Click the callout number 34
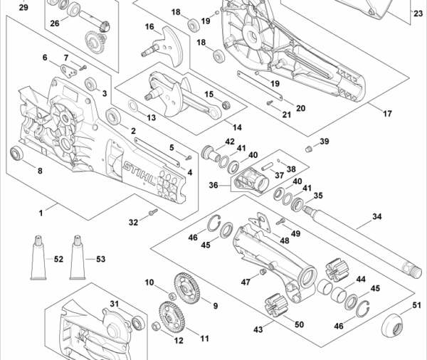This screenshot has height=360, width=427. pos(376,216)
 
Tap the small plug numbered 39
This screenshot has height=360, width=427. pos(308,148)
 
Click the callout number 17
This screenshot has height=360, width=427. pos(388,114)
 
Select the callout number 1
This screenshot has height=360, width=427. pos(41,212)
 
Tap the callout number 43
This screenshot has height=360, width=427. pos(258,329)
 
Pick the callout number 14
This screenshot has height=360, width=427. pos(236,128)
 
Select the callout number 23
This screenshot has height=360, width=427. pos(417,14)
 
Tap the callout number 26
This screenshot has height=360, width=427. pos(55,23)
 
